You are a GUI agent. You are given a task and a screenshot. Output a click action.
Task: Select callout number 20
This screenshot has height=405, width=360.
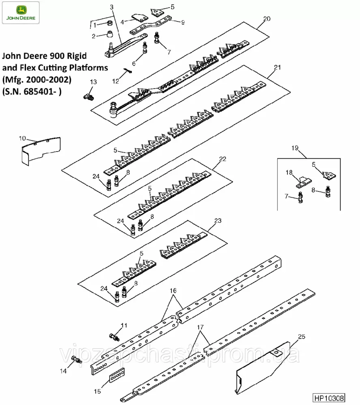pos(266,19)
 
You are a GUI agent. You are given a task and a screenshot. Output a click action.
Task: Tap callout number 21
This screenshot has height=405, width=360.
pos(277,68)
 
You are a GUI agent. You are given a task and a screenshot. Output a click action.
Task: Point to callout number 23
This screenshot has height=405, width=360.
pos(218,221)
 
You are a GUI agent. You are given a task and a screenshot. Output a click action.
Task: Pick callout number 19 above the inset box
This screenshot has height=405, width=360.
pos(295,148)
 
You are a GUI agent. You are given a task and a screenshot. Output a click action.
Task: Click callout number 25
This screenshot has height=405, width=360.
pos(301,336)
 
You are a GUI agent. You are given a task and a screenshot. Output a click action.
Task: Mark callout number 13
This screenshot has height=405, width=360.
pos(93,82)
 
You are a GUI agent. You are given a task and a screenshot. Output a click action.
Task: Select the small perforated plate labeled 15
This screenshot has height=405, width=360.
pos(117,375)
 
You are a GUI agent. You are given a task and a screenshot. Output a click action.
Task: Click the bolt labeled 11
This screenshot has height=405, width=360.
pos(114,336)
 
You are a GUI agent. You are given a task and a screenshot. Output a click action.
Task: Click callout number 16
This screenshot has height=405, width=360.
pos(173,291)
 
